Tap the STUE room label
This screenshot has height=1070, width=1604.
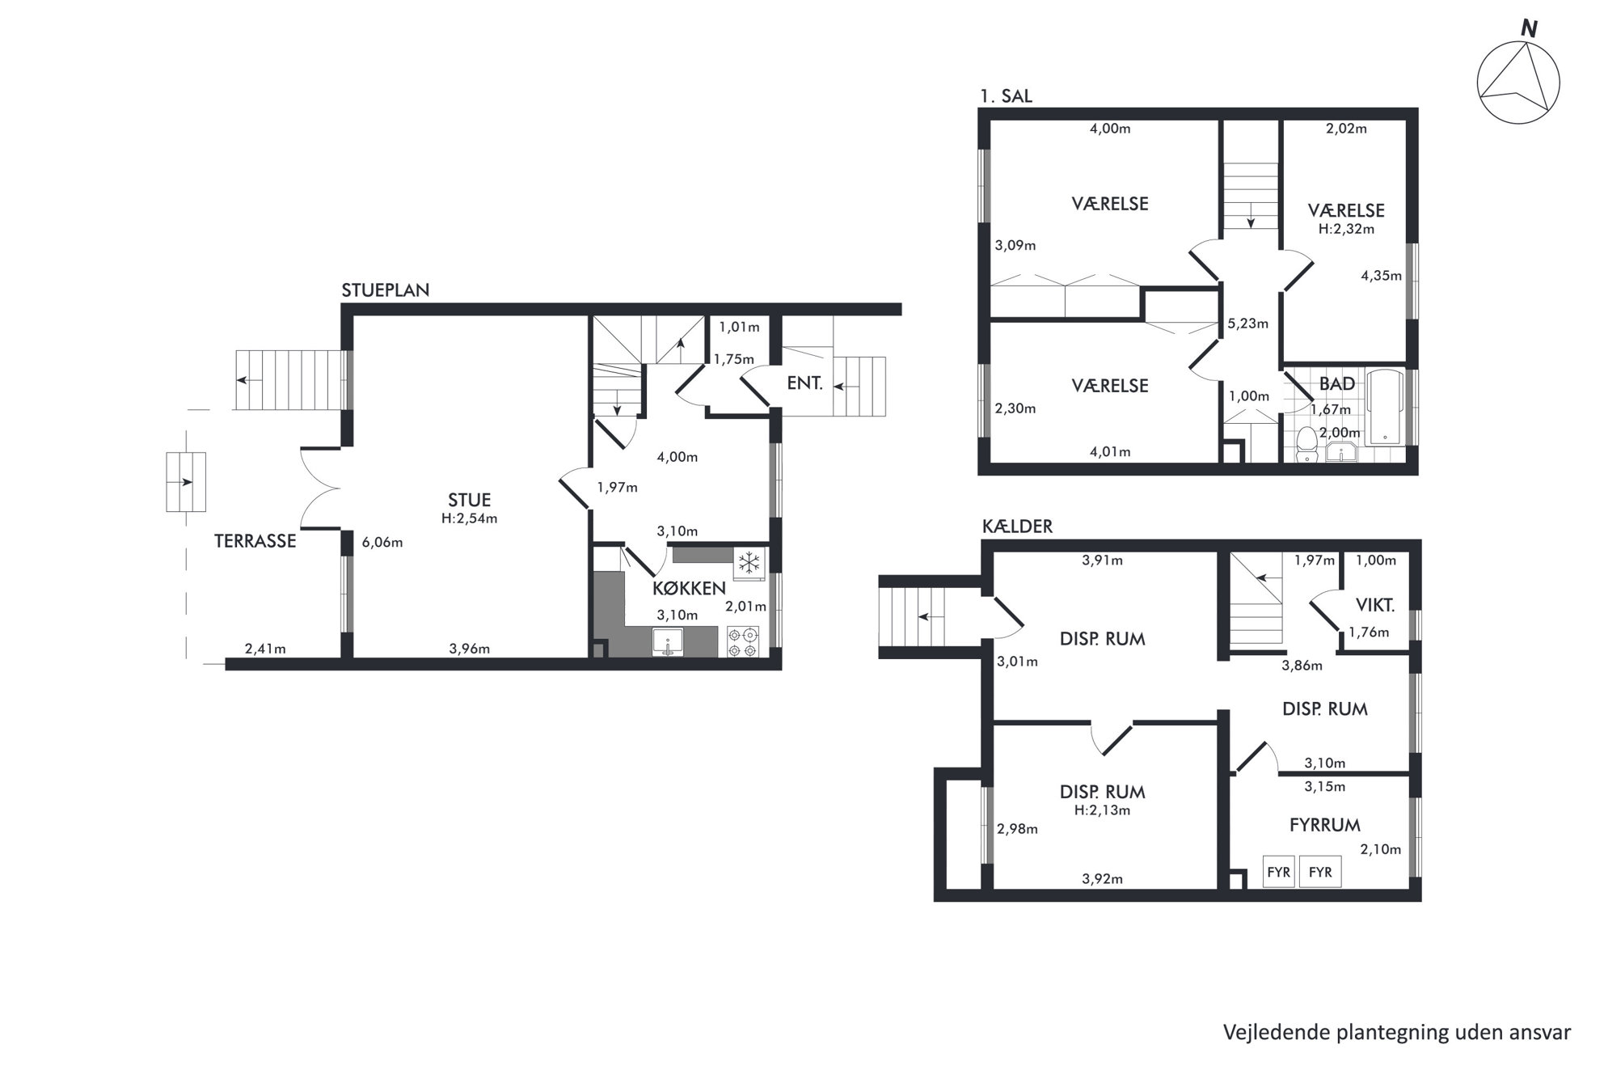[x=469, y=500]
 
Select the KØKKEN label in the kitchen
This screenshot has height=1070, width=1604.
[x=689, y=588]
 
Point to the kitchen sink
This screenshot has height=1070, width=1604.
[x=668, y=643]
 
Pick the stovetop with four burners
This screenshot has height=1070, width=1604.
[x=743, y=642]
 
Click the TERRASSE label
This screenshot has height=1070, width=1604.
[x=255, y=541]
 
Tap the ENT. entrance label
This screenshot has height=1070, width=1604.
[x=804, y=383]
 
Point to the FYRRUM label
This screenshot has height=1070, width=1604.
[x=1324, y=825]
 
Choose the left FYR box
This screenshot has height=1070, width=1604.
[x=1278, y=873]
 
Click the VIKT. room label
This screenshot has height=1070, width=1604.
[x=1374, y=604]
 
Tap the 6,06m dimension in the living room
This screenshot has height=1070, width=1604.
[x=382, y=543]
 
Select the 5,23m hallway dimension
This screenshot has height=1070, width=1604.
[x=1247, y=324]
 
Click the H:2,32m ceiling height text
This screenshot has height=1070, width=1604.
[x=1346, y=229]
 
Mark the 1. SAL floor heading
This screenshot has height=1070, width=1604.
[x=1006, y=95]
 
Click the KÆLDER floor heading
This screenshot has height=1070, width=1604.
[x=1017, y=527]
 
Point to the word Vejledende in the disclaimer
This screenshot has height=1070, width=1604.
[x=1267, y=1033]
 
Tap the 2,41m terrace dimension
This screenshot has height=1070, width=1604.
[x=265, y=649]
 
